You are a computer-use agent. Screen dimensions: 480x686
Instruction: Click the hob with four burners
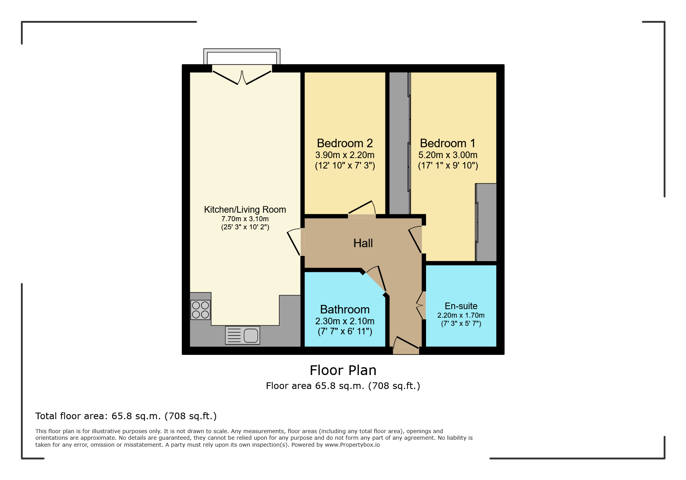click(x=200, y=310)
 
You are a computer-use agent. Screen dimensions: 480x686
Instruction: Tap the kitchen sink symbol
click(x=242, y=335)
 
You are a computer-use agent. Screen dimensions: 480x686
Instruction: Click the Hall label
click(x=363, y=243)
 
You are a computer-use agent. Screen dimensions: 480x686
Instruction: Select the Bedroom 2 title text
click(x=345, y=143)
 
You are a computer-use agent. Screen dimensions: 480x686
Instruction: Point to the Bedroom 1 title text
click(x=447, y=143)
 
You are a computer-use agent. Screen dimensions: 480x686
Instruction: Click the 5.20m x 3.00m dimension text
click(x=448, y=155)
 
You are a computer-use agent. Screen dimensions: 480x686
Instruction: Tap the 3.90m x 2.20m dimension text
click(x=345, y=155)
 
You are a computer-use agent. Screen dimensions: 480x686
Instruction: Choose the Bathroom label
click(x=345, y=310)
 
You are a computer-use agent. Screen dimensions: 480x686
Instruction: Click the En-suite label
click(x=461, y=306)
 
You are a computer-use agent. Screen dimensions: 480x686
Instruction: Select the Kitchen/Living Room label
click(x=245, y=210)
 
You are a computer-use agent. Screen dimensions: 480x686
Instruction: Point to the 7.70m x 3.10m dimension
click(x=245, y=219)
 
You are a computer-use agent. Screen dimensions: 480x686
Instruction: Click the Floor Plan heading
click(x=343, y=370)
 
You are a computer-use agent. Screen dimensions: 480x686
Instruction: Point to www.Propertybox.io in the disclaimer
click(x=352, y=445)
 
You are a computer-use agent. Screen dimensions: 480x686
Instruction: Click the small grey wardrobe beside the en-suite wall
click(x=486, y=222)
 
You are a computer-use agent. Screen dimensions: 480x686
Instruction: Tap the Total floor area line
click(x=126, y=416)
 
